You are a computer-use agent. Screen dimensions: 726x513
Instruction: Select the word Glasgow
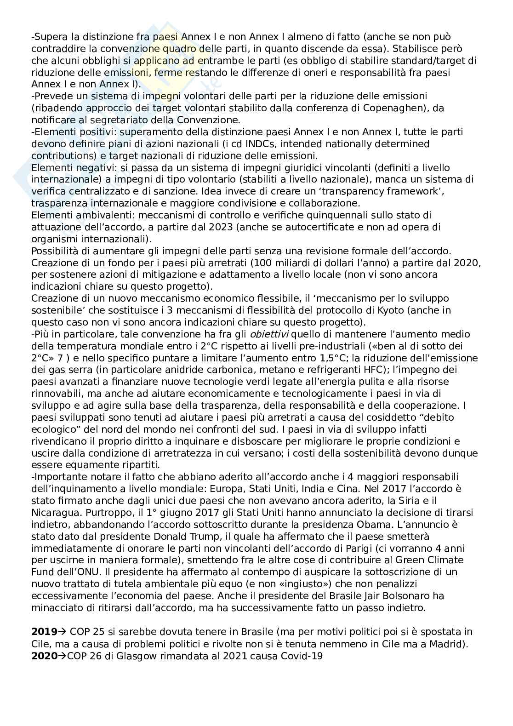click(121, 656)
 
